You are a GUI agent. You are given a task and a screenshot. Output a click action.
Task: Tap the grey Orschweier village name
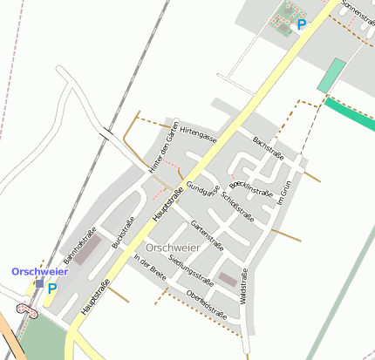[x=174, y=248]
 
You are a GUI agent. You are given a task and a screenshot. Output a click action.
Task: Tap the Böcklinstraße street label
[x=251, y=187]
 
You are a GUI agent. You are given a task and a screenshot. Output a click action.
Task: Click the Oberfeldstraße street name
[x=208, y=302]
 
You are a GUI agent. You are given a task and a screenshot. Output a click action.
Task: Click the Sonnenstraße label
[x=357, y=12]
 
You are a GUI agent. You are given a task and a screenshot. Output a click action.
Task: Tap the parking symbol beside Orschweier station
[x=52, y=288]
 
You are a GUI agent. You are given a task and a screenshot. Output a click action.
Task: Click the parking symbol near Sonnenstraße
[x=302, y=24]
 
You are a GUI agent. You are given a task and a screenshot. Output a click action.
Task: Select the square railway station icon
[x=39, y=283]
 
